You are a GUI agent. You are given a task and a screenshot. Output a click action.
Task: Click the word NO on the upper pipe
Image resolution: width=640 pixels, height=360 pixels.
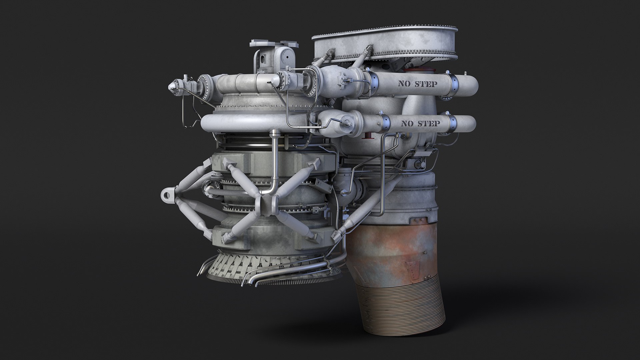(404, 84)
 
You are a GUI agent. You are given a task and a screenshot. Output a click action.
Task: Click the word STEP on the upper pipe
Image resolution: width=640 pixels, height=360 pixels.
(425, 84)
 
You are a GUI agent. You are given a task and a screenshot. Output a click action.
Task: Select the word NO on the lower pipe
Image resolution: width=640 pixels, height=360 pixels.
(407, 124)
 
